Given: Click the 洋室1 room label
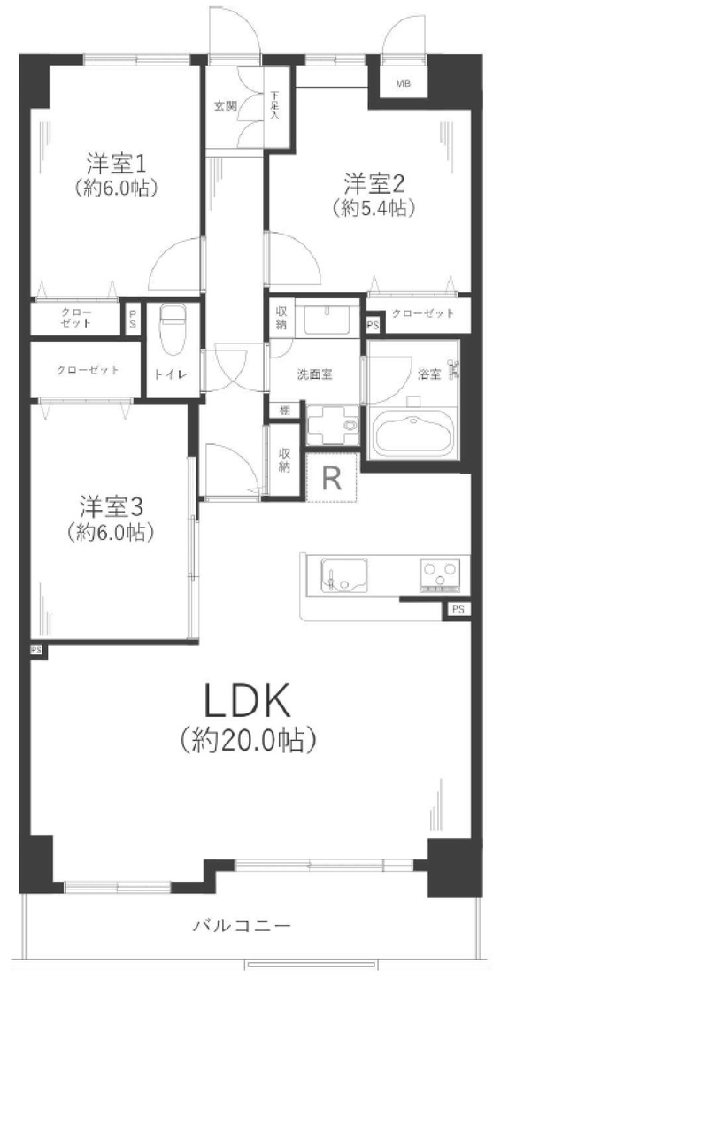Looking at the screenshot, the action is pyautogui.click(x=116, y=163).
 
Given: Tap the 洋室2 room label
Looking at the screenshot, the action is pyautogui.click(x=374, y=183).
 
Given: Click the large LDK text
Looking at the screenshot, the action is pyautogui.click(x=247, y=700).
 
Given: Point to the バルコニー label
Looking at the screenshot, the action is pyautogui.click(x=243, y=926).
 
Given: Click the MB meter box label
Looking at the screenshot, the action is pyautogui.click(x=403, y=83).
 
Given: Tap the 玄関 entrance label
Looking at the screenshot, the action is pyautogui.click(x=226, y=106).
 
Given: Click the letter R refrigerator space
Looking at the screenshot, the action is pyautogui.click(x=332, y=478).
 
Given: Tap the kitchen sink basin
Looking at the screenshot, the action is pyautogui.click(x=344, y=575).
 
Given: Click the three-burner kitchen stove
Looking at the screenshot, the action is pyautogui.click(x=440, y=575).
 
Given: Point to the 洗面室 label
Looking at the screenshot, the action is pyautogui.click(x=314, y=374).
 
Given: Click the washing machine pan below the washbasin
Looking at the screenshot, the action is pyautogui.click(x=333, y=426).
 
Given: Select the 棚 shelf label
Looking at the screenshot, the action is pyautogui.click(x=285, y=410).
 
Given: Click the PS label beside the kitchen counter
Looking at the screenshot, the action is pyautogui.click(x=458, y=610).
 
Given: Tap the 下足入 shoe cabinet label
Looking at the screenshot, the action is pyautogui.click(x=274, y=105).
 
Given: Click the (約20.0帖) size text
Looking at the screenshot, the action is pyautogui.click(x=248, y=741).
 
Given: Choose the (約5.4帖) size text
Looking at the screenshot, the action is pyautogui.click(x=374, y=208).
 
